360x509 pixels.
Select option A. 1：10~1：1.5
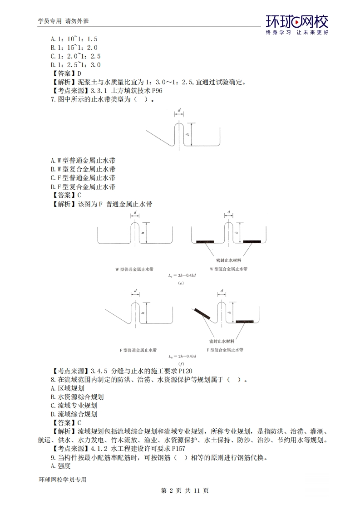click(74, 39)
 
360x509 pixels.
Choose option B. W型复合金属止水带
click(83, 169)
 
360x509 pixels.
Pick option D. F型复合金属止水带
click(83, 186)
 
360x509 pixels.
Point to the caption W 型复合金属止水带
click(228, 269)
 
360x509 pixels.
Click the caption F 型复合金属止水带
click(225, 350)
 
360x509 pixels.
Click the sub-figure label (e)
click(181, 283)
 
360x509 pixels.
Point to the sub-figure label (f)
click(181, 364)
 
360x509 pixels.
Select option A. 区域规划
click(68, 388)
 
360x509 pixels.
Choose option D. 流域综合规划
click(74, 414)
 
